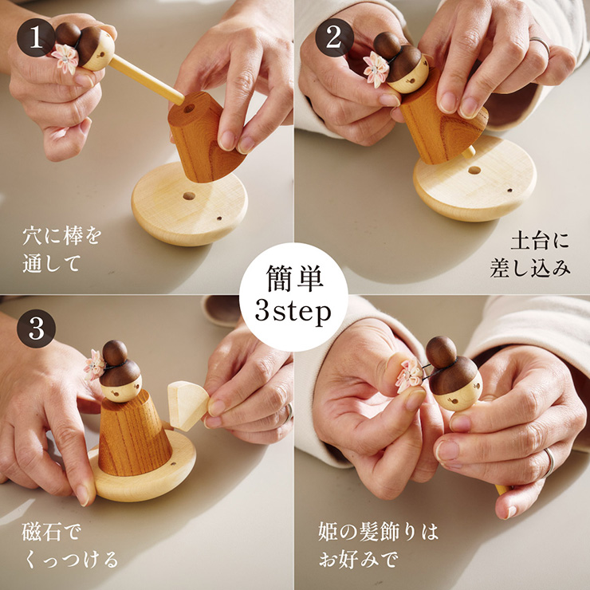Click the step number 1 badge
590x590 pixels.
click(x=36, y=37)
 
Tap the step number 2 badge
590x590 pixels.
click(x=334, y=37)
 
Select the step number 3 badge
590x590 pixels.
click(x=36, y=328)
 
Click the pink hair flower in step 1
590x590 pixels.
click(x=65, y=57)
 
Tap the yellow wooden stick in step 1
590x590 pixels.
click(x=147, y=81)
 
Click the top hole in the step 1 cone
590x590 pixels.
click(x=188, y=109)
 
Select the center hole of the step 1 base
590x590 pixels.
click(x=189, y=196)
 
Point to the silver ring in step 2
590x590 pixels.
click(x=541, y=44)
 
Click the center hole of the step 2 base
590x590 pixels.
click(x=474, y=170)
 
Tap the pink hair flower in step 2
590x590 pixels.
click(x=376, y=69)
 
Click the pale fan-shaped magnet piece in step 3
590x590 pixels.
click(x=187, y=405)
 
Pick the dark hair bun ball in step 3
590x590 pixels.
click(x=115, y=353)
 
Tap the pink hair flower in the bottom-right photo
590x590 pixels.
click(x=409, y=375)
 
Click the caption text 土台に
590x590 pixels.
click(x=540, y=242)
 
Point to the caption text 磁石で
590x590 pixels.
click(x=52, y=533)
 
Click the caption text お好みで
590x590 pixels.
click(x=358, y=559)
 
